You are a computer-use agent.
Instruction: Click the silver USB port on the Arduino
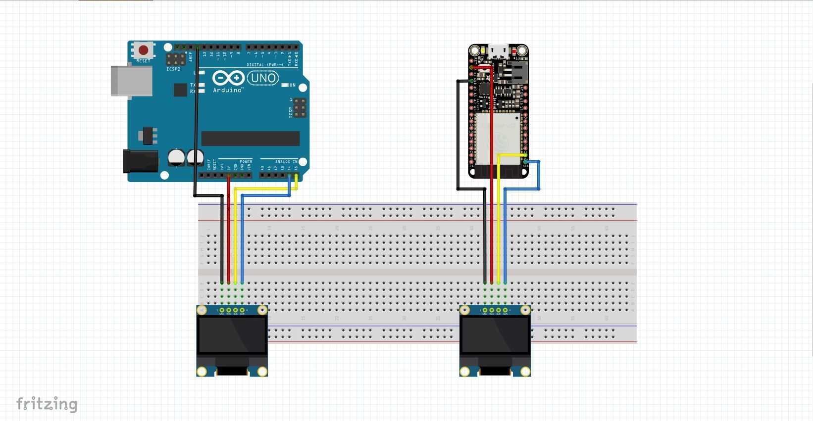coord(132,80)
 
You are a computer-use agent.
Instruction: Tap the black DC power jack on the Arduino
coord(141,162)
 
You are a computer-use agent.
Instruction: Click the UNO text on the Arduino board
coord(263,78)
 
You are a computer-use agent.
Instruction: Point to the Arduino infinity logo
coord(228,78)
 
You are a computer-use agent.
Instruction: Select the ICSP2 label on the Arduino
coord(173,69)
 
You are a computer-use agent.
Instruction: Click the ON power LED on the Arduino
coord(285,85)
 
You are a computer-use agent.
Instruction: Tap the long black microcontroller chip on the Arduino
coord(250,139)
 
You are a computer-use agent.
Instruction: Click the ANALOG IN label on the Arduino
coord(286,162)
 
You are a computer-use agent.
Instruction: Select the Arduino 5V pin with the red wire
coord(229,175)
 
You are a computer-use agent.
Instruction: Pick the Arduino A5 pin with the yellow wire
coord(296,175)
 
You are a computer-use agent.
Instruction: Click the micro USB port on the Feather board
coord(498,50)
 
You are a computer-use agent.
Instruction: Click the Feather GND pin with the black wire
coord(471,81)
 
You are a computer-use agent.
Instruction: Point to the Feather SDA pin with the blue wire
coord(525,161)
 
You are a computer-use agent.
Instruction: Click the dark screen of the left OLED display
coord(232,335)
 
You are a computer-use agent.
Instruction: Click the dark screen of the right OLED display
coord(495,335)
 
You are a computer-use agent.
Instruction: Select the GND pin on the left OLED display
coord(222,310)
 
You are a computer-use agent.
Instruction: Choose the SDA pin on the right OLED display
coord(505,310)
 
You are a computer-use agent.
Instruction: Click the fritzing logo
coord(47,404)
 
